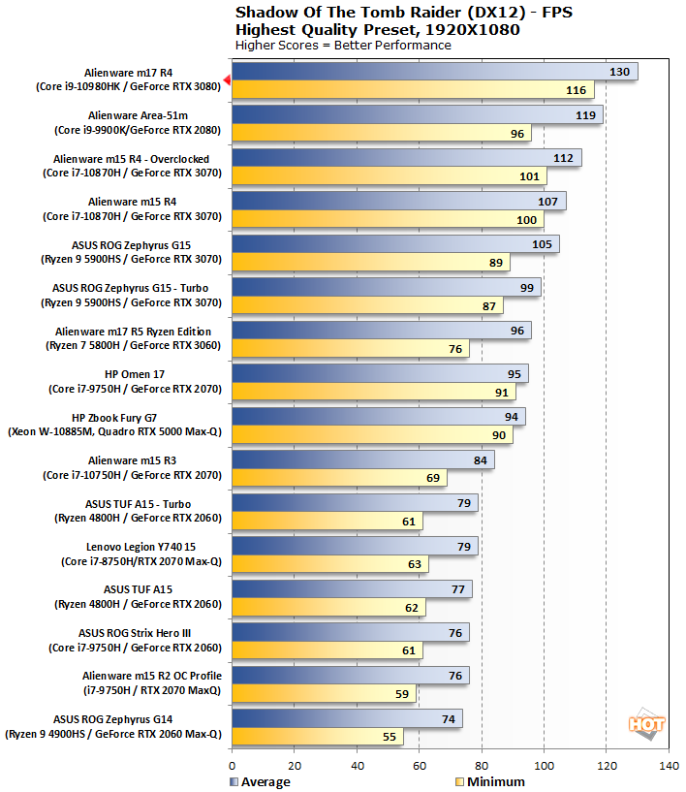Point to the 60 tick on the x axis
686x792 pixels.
click(x=420, y=766)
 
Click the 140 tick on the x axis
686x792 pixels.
click(x=669, y=766)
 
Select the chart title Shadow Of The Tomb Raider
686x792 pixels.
click(x=378, y=13)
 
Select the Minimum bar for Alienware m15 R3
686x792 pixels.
click(x=340, y=478)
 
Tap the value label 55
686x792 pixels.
click(x=388, y=738)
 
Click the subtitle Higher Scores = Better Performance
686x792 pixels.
click(x=343, y=46)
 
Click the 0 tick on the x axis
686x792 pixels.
click(x=233, y=766)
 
